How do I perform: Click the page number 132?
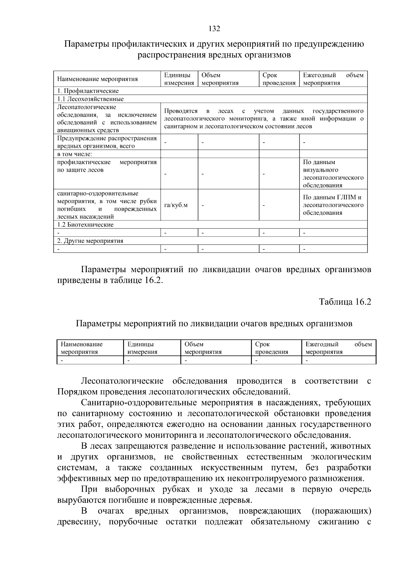click(214, 29)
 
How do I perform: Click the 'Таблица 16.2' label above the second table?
click(345, 302)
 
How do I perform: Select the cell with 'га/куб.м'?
click(176, 205)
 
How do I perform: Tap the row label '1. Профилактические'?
click(88, 91)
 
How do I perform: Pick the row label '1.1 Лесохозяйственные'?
click(90, 99)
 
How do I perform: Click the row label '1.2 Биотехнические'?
click(85, 225)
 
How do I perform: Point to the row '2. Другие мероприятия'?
click(90, 241)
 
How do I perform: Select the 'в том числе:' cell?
click(75, 154)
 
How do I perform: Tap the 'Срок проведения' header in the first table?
click(279, 79)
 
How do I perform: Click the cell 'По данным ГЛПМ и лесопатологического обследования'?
click(333, 205)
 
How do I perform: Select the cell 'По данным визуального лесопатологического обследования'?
click(333, 174)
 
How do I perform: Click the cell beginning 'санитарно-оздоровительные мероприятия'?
click(107, 205)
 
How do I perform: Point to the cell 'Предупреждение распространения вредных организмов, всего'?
click(107, 142)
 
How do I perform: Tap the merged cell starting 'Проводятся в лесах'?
click(264, 119)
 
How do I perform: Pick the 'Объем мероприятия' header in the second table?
click(203, 348)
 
